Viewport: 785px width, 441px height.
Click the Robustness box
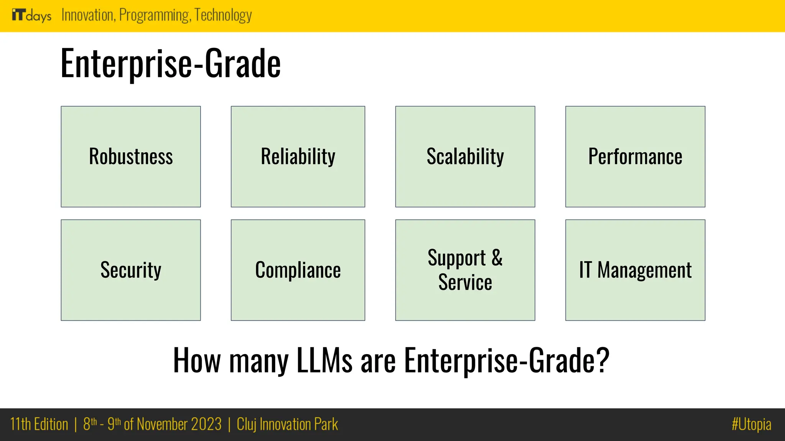pos(131,157)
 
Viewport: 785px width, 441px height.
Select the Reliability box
pos(298,157)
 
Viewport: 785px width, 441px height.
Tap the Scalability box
pos(465,157)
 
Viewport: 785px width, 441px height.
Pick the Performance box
pos(635,157)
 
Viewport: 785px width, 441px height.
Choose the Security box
pos(131,270)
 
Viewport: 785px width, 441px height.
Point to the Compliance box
pos(298,270)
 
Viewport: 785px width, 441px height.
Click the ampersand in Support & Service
pos(497,257)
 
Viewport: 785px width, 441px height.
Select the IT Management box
pos(635,270)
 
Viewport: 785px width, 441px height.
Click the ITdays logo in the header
pos(31,15)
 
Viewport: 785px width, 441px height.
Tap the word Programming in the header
pos(154,15)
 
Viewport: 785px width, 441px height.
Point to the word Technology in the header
pos(223,15)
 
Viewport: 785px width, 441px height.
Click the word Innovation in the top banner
pos(88,15)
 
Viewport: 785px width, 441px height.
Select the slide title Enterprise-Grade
pos(171,63)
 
